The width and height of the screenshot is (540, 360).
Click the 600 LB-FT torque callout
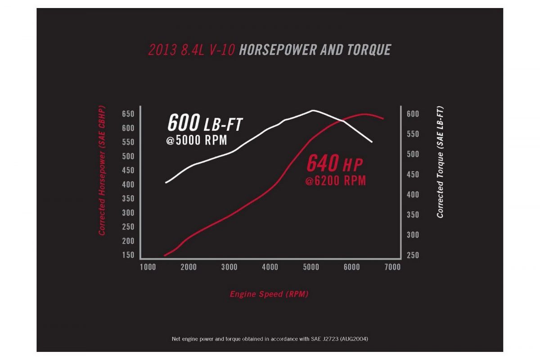(x=205, y=122)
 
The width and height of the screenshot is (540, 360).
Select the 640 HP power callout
(x=334, y=164)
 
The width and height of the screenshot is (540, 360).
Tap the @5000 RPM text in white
(x=196, y=141)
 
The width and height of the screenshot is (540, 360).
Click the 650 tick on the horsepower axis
(x=128, y=114)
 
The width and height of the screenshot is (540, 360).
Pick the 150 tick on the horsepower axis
(x=128, y=255)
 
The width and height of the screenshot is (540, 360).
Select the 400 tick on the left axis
(x=128, y=184)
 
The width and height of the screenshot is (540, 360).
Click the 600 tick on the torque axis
(x=413, y=114)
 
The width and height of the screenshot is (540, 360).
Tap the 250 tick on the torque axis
(x=413, y=255)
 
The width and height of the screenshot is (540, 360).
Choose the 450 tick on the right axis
(x=413, y=175)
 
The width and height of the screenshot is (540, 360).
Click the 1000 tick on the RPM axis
(x=148, y=267)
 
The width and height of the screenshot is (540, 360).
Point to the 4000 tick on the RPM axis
(x=270, y=267)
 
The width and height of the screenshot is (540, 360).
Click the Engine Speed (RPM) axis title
(x=269, y=294)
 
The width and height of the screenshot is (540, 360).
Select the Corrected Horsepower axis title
(x=102, y=171)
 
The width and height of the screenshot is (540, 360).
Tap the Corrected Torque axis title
(x=440, y=162)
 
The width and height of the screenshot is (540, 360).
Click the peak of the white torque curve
(x=313, y=110)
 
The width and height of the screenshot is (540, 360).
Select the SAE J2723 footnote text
(x=270, y=338)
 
